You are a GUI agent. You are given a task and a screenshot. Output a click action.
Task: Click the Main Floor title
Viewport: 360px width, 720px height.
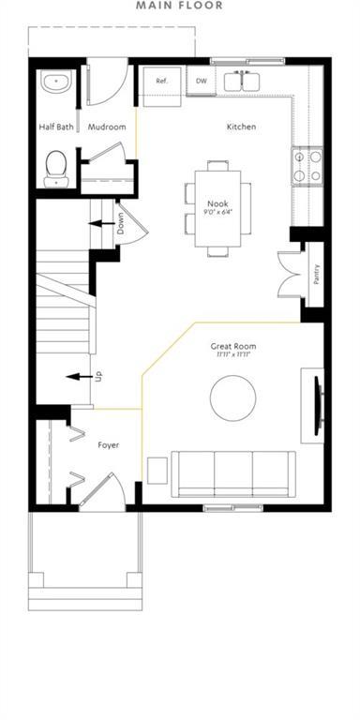(x=179, y=6)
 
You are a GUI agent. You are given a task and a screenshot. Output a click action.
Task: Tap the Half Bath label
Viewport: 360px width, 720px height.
(x=58, y=127)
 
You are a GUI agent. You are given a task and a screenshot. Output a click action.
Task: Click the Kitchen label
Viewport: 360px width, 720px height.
(x=241, y=127)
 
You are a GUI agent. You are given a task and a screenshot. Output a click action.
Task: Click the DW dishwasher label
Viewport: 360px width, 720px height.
(x=202, y=82)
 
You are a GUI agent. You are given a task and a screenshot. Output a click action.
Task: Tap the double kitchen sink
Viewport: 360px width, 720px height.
(x=246, y=82)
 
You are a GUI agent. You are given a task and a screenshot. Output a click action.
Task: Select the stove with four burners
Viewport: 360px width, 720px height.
(x=307, y=166)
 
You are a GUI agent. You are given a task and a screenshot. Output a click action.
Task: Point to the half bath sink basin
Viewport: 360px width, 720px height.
(x=55, y=81)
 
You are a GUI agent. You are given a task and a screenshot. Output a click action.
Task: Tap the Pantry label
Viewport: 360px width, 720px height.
(x=317, y=274)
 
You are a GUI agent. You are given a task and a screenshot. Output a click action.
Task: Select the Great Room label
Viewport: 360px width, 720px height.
(x=233, y=346)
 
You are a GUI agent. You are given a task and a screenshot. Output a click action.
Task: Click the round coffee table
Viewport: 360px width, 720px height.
(x=233, y=398)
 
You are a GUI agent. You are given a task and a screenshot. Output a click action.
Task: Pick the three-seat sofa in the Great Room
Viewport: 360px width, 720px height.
(x=233, y=473)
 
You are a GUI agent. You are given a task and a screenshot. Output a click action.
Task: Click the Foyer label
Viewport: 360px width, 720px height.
(x=109, y=444)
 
